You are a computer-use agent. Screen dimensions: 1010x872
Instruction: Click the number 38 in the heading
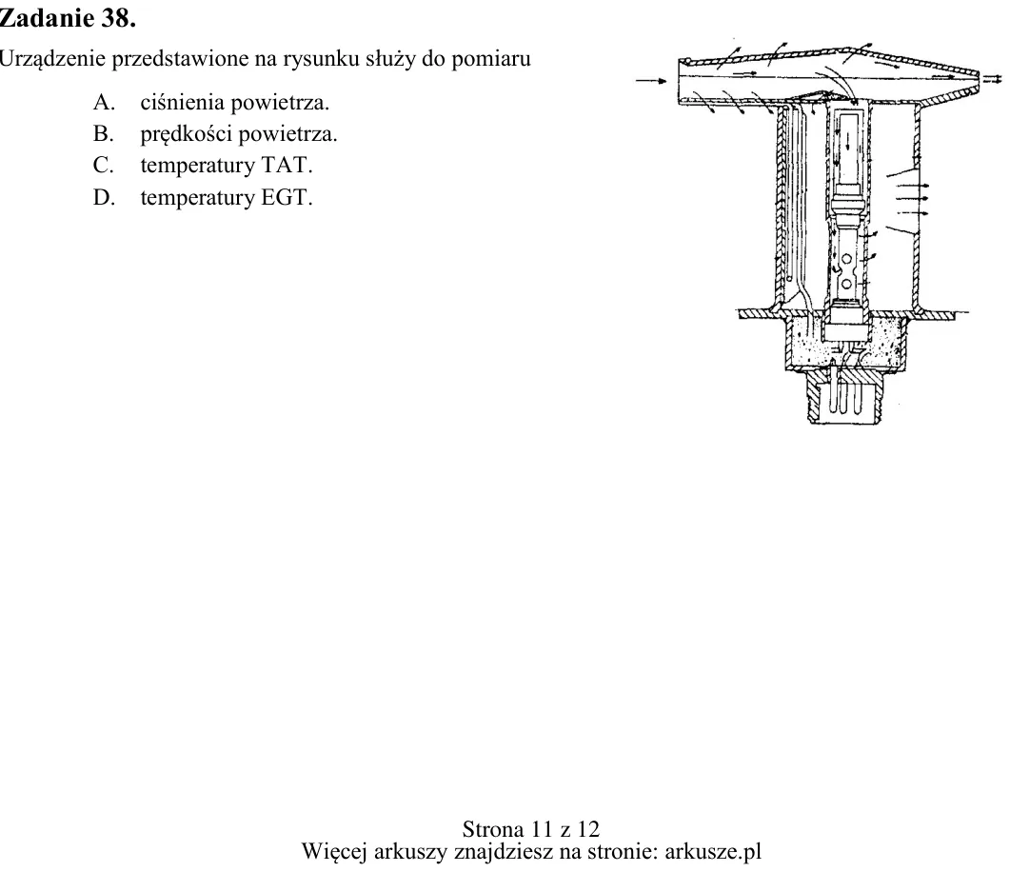[x=118, y=19]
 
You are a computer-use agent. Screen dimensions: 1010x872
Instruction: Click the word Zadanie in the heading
[x=47, y=19]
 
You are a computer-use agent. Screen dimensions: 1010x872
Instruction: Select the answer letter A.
[x=103, y=102]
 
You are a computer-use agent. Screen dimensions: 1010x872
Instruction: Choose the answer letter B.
[x=103, y=133]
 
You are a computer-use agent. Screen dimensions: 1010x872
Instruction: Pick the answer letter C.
[x=103, y=165]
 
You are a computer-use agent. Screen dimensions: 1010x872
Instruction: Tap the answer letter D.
[x=103, y=197]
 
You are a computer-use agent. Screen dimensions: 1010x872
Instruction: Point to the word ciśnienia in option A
[x=182, y=102]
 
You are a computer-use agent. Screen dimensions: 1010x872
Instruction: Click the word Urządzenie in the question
[x=51, y=59]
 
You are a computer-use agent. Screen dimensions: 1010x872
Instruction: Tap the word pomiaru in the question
[x=491, y=59]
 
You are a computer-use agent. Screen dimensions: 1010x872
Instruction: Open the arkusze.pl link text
[x=713, y=851]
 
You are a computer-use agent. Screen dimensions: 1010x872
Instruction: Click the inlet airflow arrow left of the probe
[x=651, y=81]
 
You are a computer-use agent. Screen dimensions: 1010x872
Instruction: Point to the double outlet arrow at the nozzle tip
[x=993, y=79]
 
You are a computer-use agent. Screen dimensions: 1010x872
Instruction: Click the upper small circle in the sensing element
[x=846, y=259]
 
